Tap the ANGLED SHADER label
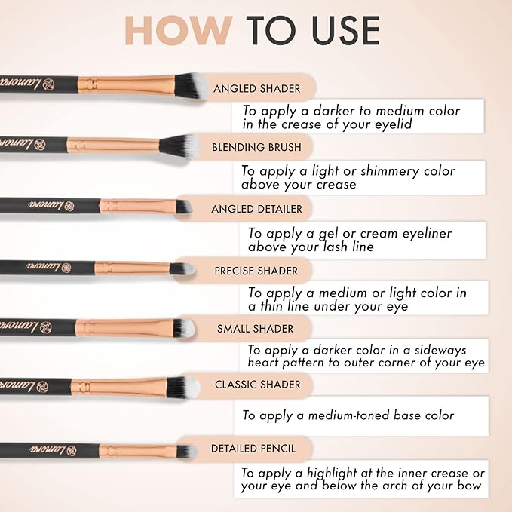point(256,88)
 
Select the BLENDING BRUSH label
point(256,147)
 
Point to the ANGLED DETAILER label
point(256,209)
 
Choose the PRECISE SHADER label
point(256,271)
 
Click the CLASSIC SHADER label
point(257,385)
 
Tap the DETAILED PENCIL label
point(253,449)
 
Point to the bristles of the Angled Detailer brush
point(182,206)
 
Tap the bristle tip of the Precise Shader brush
point(189,268)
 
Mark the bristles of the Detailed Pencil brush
point(185,451)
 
